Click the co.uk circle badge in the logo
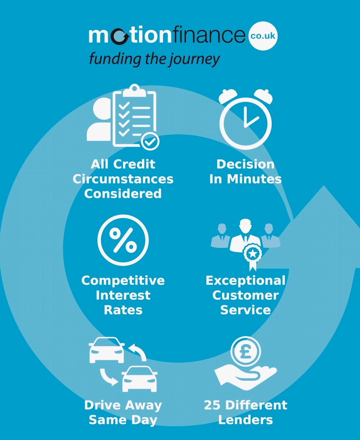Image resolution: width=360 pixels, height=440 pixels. click(263, 36)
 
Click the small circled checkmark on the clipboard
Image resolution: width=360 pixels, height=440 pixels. click(150, 141)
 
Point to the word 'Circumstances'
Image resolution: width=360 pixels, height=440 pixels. click(123, 179)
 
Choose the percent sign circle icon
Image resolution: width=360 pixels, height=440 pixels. click(123, 240)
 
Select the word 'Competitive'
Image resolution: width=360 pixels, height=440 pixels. click(123, 280)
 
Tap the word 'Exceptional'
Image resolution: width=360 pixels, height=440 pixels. click(245, 280)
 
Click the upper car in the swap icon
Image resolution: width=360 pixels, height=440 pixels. click(106, 350)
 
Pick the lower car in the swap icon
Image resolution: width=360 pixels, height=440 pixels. click(139, 379)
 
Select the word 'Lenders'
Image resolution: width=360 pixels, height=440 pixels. click(245, 420)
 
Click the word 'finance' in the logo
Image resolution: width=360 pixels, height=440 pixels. click(209, 36)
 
